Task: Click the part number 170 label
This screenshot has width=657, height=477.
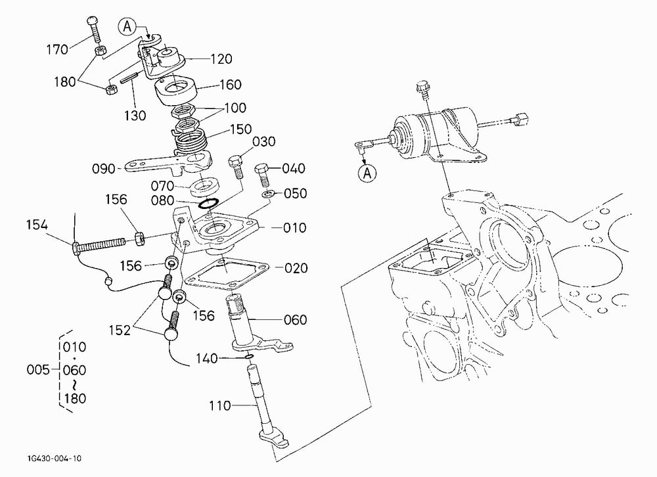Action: click(57, 49)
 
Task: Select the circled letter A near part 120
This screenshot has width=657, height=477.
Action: click(127, 26)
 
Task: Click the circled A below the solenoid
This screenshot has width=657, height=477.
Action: click(367, 173)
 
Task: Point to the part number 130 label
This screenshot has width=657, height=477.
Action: click(135, 115)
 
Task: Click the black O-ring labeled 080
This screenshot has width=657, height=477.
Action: click(208, 203)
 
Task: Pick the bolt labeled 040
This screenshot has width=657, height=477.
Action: click(263, 175)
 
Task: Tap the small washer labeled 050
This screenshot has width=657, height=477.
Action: click(268, 194)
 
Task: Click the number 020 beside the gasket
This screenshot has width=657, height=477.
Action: click(296, 268)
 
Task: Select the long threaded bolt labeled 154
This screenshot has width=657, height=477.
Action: click(99, 246)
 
